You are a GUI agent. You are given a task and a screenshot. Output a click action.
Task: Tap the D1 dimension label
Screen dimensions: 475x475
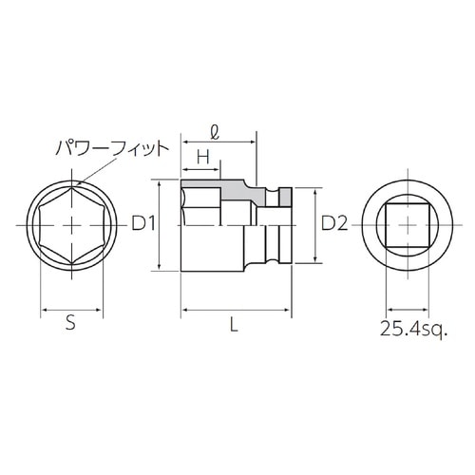point(143,225)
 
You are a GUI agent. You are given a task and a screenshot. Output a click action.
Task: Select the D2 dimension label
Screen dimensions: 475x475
point(334,225)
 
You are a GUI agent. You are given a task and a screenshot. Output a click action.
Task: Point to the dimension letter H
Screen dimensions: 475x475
point(203,156)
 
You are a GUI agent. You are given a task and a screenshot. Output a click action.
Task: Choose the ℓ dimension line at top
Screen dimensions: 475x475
point(218,142)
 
